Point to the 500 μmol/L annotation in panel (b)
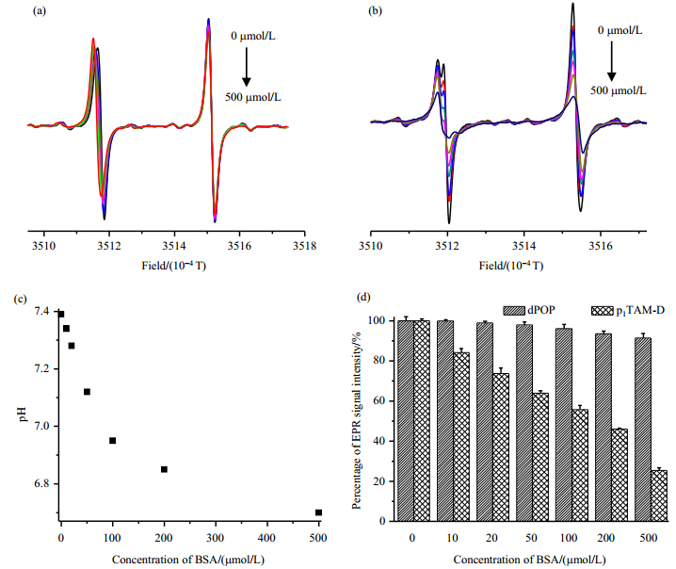click(x=624, y=91)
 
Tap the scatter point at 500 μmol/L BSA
click(x=318, y=512)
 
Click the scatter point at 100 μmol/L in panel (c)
click(x=112, y=440)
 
